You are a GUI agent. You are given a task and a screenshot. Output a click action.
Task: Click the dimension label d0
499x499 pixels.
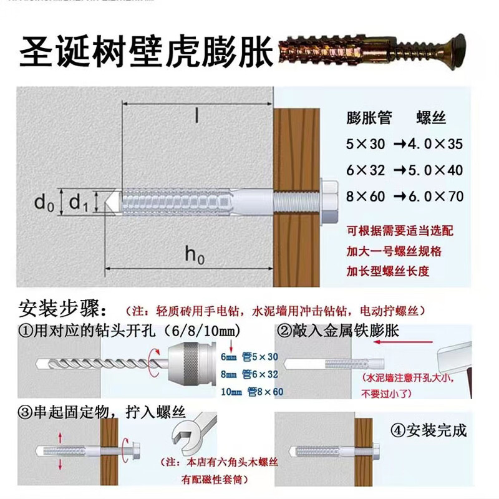point(42,202)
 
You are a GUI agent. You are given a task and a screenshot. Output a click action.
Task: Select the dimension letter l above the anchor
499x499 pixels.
point(195,117)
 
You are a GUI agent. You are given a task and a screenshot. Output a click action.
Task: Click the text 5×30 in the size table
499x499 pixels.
point(366,144)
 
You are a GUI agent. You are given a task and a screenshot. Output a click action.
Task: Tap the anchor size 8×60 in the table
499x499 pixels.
point(366,196)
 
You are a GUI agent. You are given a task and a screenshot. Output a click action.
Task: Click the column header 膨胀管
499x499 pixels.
point(369,118)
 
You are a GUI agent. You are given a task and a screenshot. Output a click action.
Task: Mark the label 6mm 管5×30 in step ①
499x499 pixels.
point(253,358)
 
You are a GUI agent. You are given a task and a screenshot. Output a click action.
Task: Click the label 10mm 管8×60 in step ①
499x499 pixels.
point(253,392)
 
